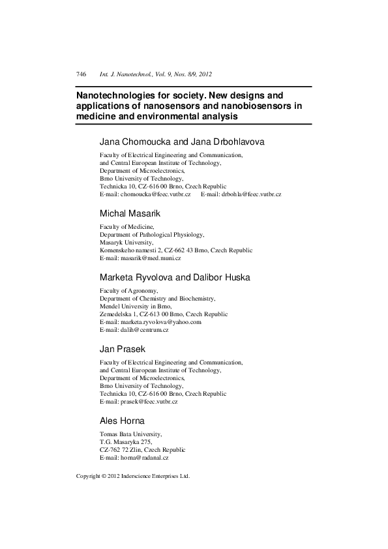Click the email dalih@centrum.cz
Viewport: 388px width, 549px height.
pyautogui.click(x=134, y=331)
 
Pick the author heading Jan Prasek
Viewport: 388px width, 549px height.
pyautogui.click(x=123, y=349)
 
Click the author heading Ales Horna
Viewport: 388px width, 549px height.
pyautogui.click(x=124, y=421)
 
